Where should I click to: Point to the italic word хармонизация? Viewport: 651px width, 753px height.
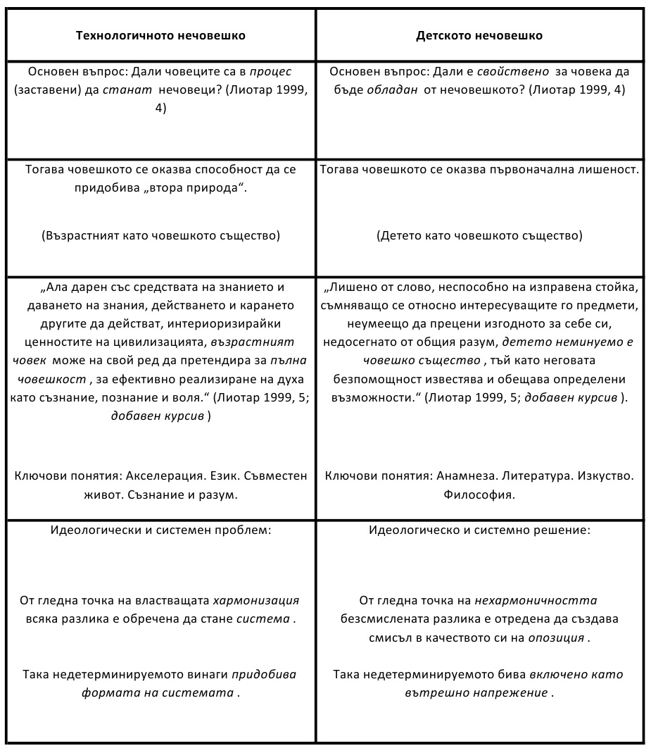[256, 602]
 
